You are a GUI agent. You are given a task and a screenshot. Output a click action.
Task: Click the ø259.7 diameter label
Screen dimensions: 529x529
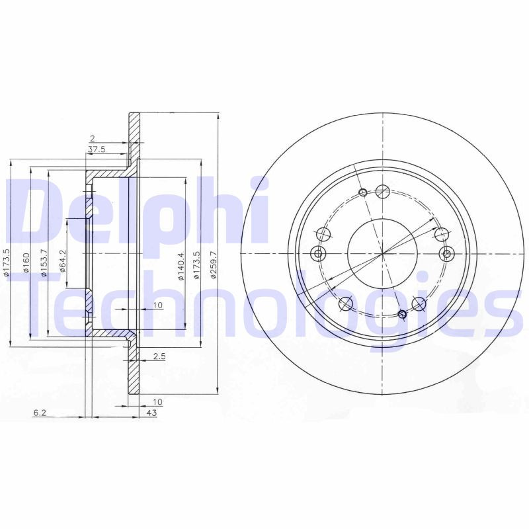click(214, 264)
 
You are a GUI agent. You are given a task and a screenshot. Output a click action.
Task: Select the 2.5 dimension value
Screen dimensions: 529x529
click(159, 356)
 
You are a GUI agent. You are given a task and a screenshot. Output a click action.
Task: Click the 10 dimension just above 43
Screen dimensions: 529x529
click(157, 401)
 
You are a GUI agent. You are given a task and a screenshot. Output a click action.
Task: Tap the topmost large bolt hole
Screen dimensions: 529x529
click(382, 191)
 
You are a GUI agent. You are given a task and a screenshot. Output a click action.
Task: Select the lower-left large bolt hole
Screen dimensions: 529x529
click(345, 304)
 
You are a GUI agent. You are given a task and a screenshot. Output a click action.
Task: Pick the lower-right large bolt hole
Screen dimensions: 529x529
click(419, 303)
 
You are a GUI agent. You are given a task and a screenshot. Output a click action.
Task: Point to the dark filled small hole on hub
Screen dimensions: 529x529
click(401, 314)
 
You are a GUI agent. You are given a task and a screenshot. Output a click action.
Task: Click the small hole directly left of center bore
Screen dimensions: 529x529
click(318, 254)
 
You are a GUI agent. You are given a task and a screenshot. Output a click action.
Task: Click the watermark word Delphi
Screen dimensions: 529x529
click(139, 212)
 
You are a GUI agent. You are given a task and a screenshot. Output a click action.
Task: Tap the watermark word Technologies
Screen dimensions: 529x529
click(264, 307)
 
